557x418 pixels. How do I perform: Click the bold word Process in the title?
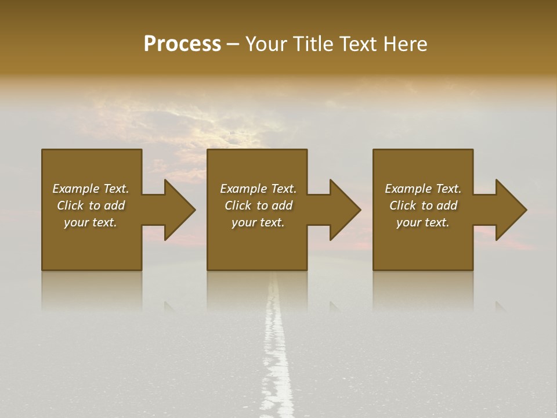coord(182,44)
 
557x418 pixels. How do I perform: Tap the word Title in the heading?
coord(311,44)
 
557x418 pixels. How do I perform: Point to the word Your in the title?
coord(267,44)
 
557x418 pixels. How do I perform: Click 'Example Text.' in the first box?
coord(91,189)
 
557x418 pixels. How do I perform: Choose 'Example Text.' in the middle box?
coord(258,189)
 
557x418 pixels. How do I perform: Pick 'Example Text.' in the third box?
coord(423,189)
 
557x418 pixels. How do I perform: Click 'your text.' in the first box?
coord(91,222)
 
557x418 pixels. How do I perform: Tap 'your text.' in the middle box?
coord(258,222)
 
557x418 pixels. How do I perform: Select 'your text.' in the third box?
coord(423,222)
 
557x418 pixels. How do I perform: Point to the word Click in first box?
coord(70,206)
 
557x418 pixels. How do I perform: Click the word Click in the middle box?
coord(237,206)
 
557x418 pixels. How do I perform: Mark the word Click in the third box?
coord(403,206)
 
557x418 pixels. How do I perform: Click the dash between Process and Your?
coord(233,45)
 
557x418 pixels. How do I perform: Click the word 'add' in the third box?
coord(447,206)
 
